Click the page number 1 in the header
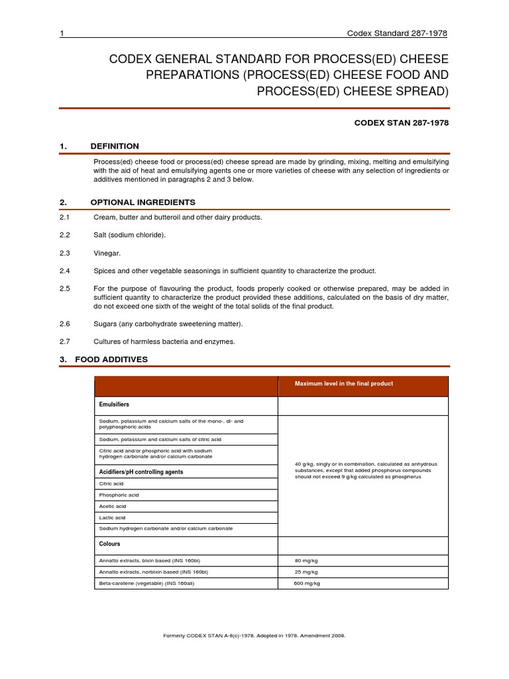(61, 34)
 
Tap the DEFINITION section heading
(117, 146)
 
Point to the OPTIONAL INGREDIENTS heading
(142, 202)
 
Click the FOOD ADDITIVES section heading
(111, 359)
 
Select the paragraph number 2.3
(65, 253)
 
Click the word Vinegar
(107, 253)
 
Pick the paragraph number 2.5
(65, 288)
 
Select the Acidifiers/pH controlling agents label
(141, 471)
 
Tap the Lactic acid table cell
(112, 517)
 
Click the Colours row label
(110, 544)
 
